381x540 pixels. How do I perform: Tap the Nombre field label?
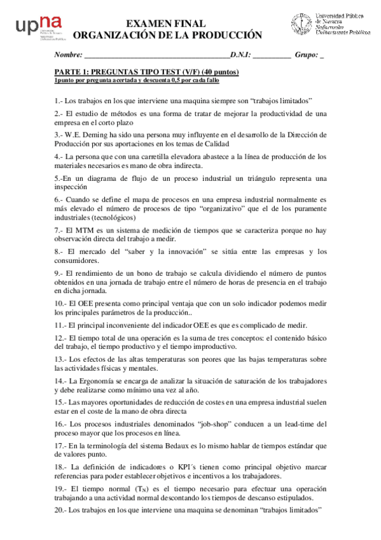(69, 55)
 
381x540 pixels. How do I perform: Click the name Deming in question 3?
(99, 135)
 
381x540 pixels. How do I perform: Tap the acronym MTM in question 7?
(87, 230)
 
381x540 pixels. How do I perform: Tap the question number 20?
(60, 510)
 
